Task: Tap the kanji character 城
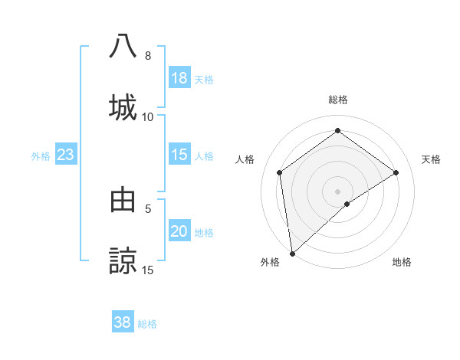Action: [123, 106]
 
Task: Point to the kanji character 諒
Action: [123, 260]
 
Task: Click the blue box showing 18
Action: [179, 78]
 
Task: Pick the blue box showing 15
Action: [179, 155]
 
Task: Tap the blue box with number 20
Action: [179, 231]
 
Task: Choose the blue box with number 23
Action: [66, 155]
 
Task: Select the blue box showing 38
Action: [123, 322]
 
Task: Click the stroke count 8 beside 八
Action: [147, 56]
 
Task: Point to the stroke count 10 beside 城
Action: [147, 117]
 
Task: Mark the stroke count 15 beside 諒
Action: [147, 270]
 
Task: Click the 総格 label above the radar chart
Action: [337, 100]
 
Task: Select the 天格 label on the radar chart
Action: [431, 159]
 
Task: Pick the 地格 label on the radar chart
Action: [402, 262]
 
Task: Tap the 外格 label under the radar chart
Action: [270, 262]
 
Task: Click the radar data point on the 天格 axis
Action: [396, 172]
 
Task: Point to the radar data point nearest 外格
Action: [292, 253]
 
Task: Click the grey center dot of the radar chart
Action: [337, 191]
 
